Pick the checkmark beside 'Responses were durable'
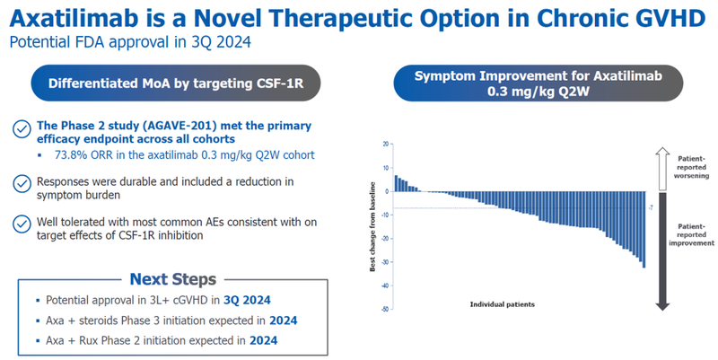click(20, 183)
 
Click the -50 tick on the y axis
click(383, 310)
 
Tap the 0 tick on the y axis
click(387, 191)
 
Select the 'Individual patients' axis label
click(503, 304)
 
